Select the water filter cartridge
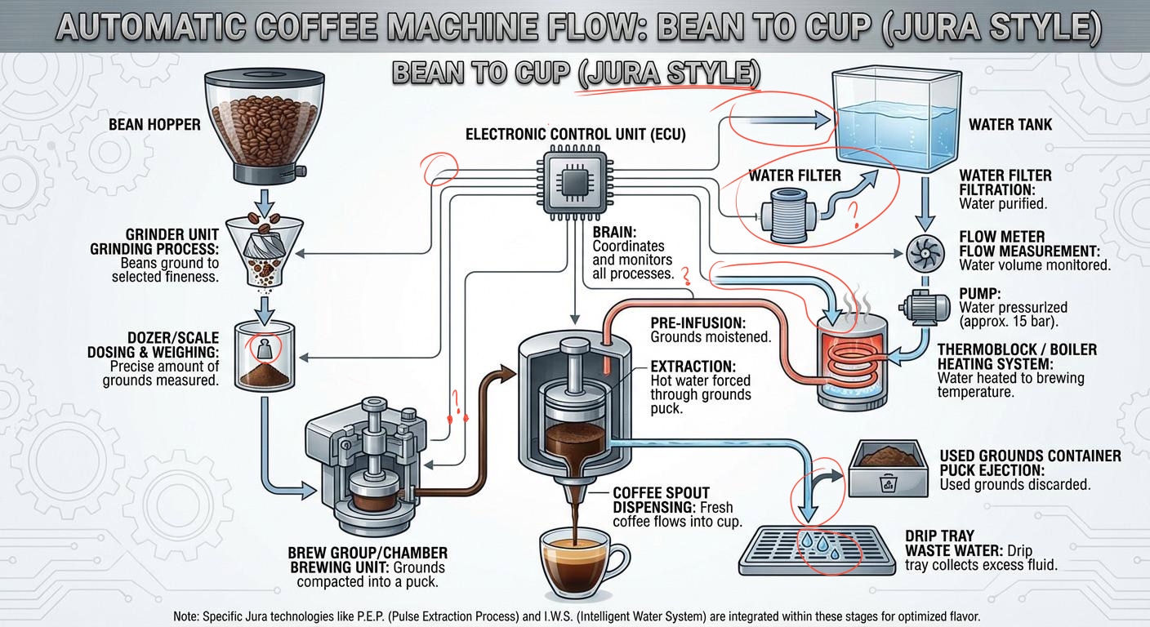click(791, 216)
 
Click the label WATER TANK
click(1010, 125)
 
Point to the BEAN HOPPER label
click(154, 125)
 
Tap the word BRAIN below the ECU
click(612, 232)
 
